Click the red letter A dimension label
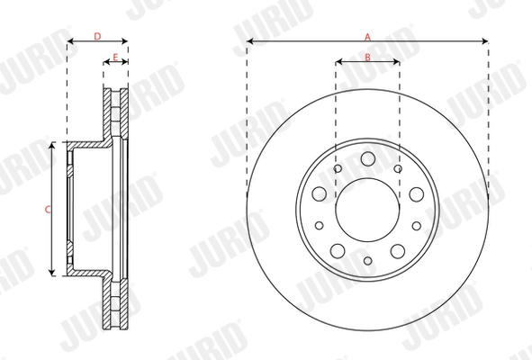tap(367, 36)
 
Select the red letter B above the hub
tap(367, 57)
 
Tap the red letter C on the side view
tap(48, 209)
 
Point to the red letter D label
tap(97, 36)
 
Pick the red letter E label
tap(114, 57)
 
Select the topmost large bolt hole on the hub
tap(367, 159)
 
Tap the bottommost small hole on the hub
tap(367, 261)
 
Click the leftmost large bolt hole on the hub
tap(319, 194)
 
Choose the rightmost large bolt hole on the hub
tap(416, 194)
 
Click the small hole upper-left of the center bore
tap(337, 168)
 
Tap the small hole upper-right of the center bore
tap(398, 168)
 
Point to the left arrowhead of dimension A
tap(249, 41)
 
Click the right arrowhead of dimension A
tap(485, 41)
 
